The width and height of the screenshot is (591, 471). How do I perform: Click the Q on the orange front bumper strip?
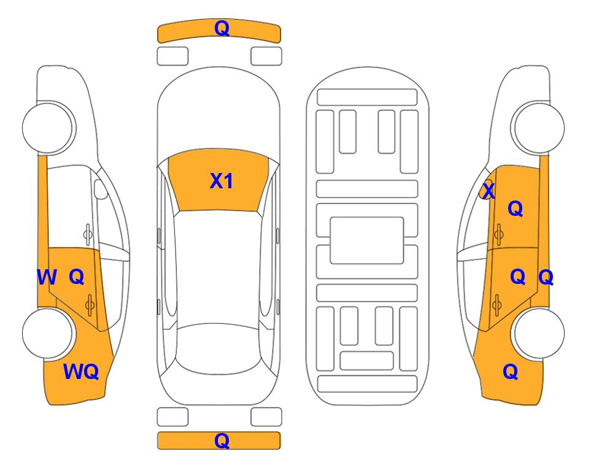pos(222,28)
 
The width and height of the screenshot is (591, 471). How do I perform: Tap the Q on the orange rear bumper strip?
pos(222,440)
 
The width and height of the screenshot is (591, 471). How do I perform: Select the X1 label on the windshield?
pos(222,181)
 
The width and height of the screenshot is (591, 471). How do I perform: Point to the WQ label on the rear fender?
pos(81,372)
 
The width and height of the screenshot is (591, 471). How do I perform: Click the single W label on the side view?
pos(47,277)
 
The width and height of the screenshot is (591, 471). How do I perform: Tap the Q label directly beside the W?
pos(77,277)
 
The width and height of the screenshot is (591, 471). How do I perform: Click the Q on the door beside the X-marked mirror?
pos(516,209)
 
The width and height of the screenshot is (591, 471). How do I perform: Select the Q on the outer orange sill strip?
pos(546,277)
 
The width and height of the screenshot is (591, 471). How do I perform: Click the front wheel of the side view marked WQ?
pos(48,128)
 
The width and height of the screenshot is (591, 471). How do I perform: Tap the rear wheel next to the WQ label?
pos(48,333)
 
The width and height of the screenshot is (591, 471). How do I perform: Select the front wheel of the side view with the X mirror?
pos(538,128)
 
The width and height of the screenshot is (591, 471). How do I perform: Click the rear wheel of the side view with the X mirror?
pos(538,333)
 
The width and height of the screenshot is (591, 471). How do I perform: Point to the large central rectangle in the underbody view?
pos(367,240)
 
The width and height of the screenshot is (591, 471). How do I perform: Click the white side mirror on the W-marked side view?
pos(101,189)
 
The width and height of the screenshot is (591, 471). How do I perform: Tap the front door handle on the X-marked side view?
pos(499,234)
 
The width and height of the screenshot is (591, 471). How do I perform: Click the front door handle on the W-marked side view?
pos(87,234)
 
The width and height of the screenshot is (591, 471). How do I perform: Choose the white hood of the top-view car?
pos(218,113)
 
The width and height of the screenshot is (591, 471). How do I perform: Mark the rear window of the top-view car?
pos(218,348)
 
